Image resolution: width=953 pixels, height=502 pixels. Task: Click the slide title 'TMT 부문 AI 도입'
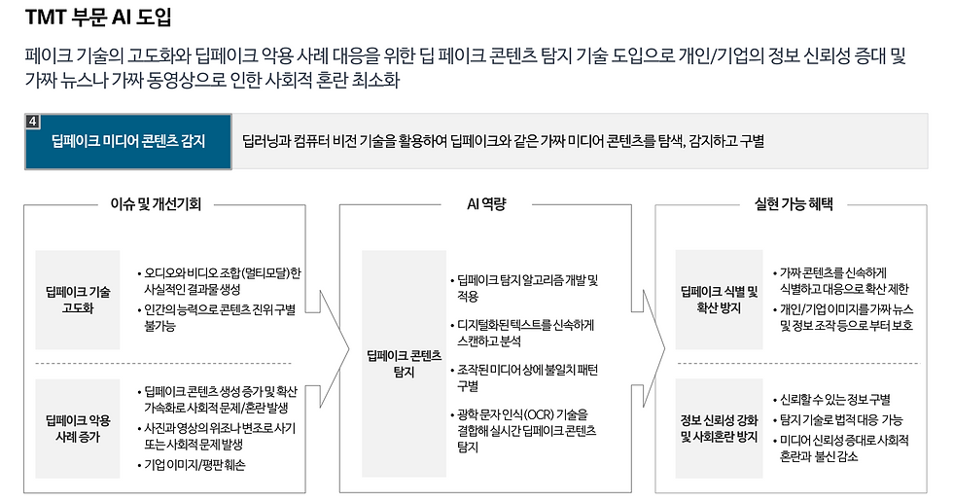tap(98, 17)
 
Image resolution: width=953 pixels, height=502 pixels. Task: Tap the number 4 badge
tap(33, 121)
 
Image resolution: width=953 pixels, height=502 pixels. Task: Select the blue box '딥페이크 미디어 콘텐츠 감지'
tap(128, 140)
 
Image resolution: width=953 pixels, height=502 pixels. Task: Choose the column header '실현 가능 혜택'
tap(799, 204)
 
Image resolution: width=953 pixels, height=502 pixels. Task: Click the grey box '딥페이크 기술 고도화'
tap(78, 300)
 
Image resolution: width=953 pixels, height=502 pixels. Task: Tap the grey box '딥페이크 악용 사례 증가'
tap(78, 428)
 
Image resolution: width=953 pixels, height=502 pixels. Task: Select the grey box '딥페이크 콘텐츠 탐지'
tap(402, 364)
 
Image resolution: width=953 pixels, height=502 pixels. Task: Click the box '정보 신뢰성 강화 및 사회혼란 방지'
tap(720, 428)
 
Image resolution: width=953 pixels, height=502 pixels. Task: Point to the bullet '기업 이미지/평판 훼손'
tap(194, 465)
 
